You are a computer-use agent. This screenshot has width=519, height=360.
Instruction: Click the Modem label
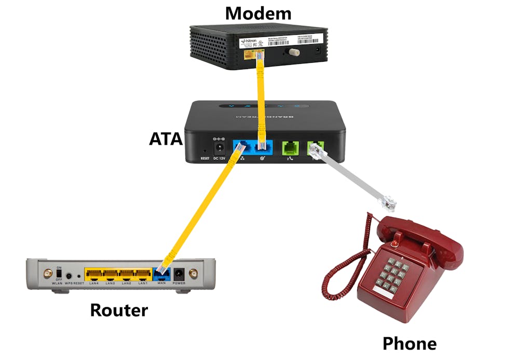coord(258,12)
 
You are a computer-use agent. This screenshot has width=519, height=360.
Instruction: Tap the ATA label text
coord(166,139)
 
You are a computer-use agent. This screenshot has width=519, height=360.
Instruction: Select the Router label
coord(119,310)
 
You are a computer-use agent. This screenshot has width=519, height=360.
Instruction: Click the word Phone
coord(409,343)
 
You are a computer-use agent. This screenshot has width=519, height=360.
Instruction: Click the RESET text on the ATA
coord(206,159)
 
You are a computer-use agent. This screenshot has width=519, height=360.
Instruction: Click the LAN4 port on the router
coord(94,273)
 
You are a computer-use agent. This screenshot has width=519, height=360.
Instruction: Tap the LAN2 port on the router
coord(126,273)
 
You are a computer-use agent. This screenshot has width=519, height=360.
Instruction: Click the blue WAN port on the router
coord(161,274)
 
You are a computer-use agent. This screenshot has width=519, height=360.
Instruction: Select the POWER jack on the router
coord(180,273)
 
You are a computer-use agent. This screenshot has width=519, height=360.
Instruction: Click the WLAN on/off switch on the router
coord(59,273)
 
